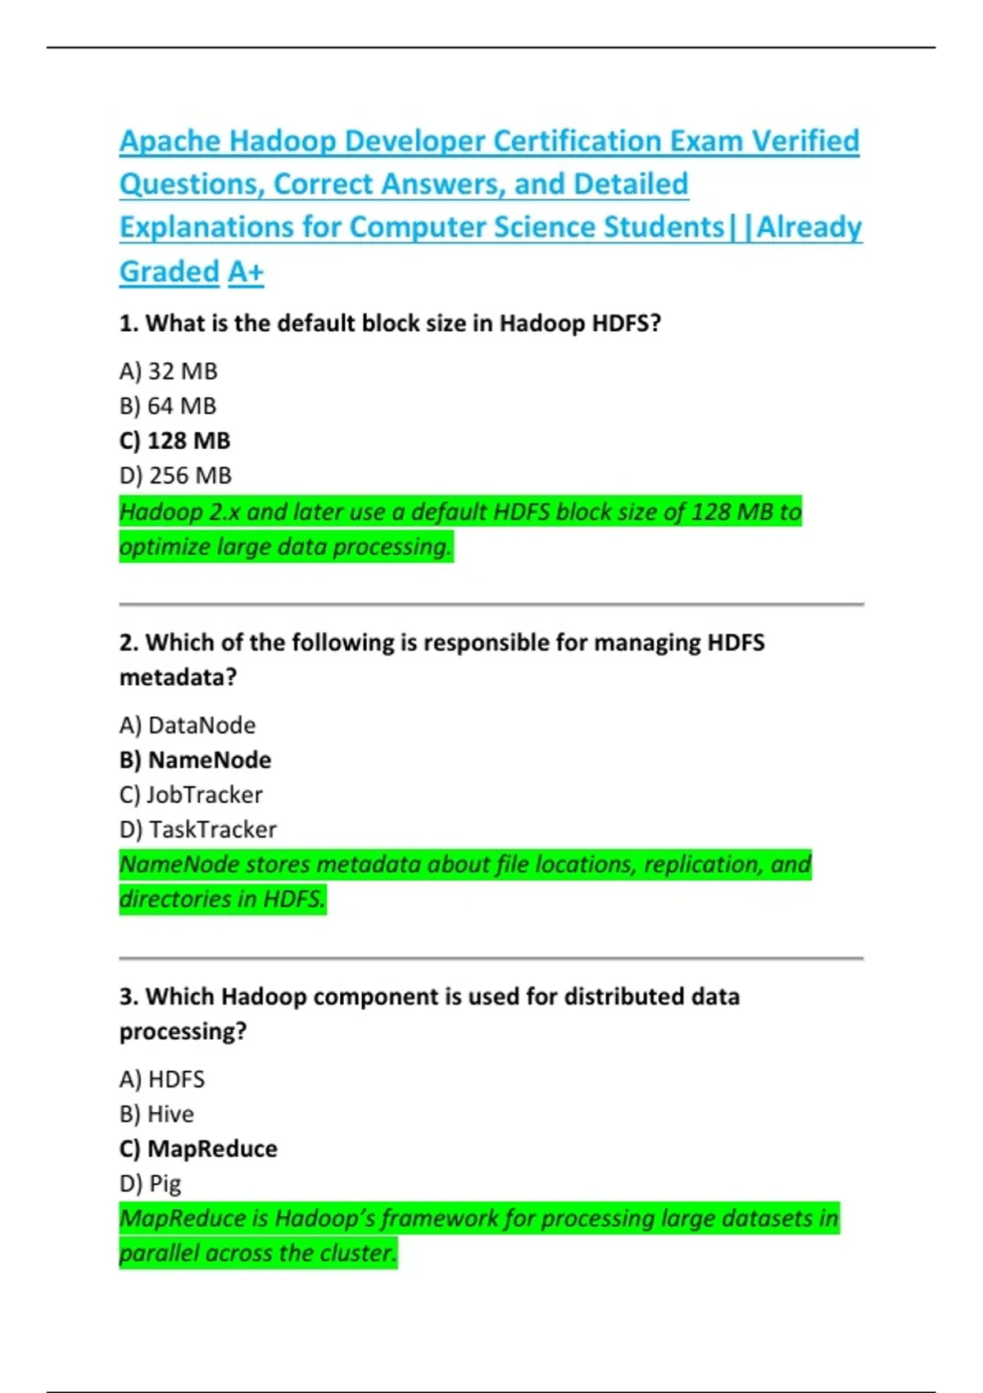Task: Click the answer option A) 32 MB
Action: (168, 371)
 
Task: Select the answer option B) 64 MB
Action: (168, 406)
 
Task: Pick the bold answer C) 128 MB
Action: (174, 441)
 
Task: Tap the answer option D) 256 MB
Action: (175, 475)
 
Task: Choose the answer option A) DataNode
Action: (187, 725)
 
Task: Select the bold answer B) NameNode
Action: (195, 760)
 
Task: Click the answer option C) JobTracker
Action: (191, 795)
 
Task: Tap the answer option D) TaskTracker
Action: (197, 829)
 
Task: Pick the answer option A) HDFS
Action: (161, 1079)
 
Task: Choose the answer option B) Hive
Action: (156, 1114)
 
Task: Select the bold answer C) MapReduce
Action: (198, 1149)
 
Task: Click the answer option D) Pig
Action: (150, 1183)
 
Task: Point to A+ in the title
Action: (246, 271)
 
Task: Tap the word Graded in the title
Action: (170, 271)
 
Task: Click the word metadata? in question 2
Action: (178, 678)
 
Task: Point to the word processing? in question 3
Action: (183, 1032)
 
